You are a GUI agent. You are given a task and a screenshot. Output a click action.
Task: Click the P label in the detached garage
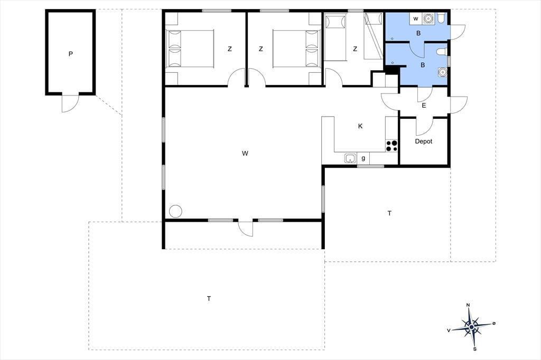tap(71, 54)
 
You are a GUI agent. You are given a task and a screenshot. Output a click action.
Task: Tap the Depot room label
tap(423, 141)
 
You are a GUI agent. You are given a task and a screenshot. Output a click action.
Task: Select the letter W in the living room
tap(245, 154)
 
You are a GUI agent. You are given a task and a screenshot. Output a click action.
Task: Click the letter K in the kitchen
tap(360, 126)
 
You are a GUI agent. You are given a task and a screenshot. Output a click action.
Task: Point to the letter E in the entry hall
tap(424, 106)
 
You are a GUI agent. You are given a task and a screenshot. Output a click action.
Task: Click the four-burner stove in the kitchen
tap(391, 146)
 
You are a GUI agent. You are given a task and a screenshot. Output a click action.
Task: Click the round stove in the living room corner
tap(175, 211)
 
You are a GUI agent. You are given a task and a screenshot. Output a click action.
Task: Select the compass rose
tap(471, 327)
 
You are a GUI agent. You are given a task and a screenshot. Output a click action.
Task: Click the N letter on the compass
tap(468, 305)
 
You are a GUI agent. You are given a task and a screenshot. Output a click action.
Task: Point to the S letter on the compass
tap(475, 349)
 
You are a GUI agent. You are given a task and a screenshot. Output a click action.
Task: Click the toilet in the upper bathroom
tap(441, 17)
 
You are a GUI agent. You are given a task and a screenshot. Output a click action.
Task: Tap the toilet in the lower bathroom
tap(442, 52)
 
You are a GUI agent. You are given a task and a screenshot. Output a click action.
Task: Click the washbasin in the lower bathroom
tap(442, 72)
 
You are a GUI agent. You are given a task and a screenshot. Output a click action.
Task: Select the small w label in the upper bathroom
tap(416, 18)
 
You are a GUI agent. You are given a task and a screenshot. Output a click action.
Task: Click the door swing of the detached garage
tap(70, 103)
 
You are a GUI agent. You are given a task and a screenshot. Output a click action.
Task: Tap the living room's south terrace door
tap(245, 228)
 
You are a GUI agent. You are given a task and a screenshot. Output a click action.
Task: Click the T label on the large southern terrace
tap(209, 299)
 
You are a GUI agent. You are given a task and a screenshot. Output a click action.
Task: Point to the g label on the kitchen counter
tap(363, 158)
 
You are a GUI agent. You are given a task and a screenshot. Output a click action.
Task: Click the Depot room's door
tap(424, 126)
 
